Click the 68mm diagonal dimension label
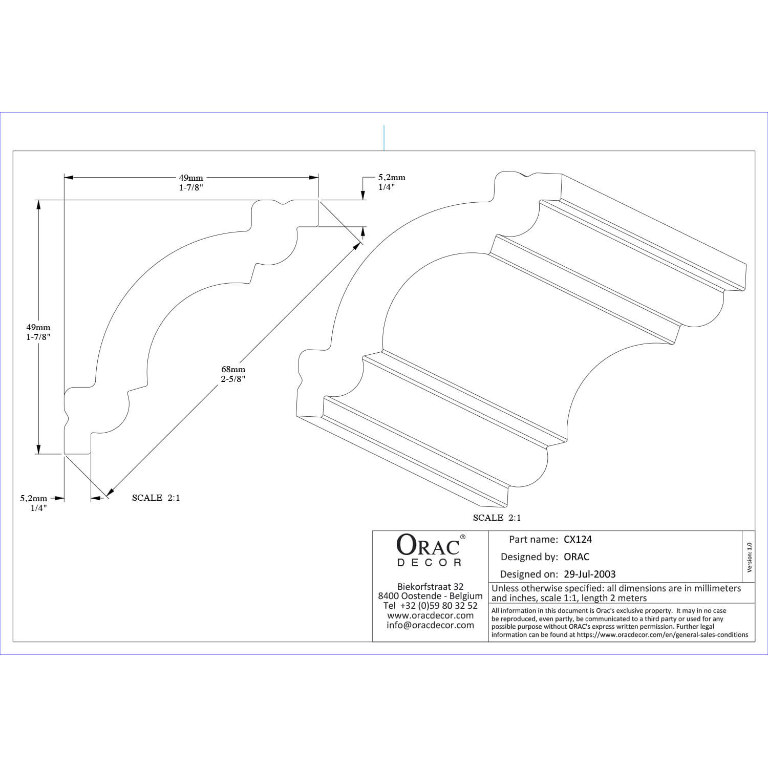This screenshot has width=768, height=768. click(233, 369)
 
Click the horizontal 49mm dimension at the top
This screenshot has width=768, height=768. click(191, 178)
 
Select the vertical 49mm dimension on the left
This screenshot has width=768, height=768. click(38, 327)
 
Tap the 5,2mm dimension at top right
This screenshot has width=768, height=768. click(392, 178)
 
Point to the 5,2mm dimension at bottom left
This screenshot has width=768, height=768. click(34, 498)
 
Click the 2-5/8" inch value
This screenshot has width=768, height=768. click(233, 379)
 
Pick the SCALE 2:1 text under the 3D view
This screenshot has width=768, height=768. click(497, 518)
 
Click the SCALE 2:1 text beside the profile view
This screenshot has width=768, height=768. click(156, 498)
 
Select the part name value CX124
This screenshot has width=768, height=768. click(578, 539)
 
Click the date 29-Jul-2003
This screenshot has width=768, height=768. click(590, 574)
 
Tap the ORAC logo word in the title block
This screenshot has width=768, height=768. click(429, 546)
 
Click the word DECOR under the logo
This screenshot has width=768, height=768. click(430, 563)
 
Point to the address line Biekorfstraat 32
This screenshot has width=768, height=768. click(430, 586)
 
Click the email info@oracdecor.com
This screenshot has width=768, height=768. click(430, 625)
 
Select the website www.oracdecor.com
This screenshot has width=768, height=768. click(430, 615)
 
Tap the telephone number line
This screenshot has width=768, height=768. click(430, 606)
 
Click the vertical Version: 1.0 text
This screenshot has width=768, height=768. click(750, 558)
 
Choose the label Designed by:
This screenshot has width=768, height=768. click(529, 557)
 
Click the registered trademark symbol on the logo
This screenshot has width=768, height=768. click(462, 537)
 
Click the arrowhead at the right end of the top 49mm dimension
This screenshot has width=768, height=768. click(313, 178)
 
